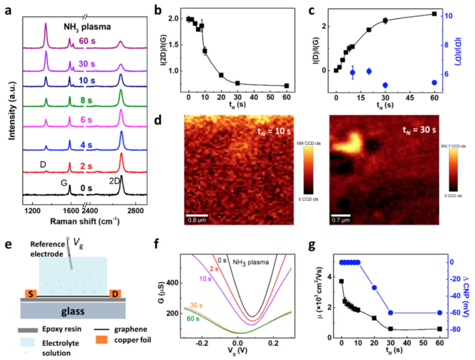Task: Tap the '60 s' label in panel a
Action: point(88,41)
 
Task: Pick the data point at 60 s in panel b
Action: point(286,86)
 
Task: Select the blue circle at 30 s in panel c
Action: point(385,85)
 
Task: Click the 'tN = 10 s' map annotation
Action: point(274,130)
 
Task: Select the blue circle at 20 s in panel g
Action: point(374,287)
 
